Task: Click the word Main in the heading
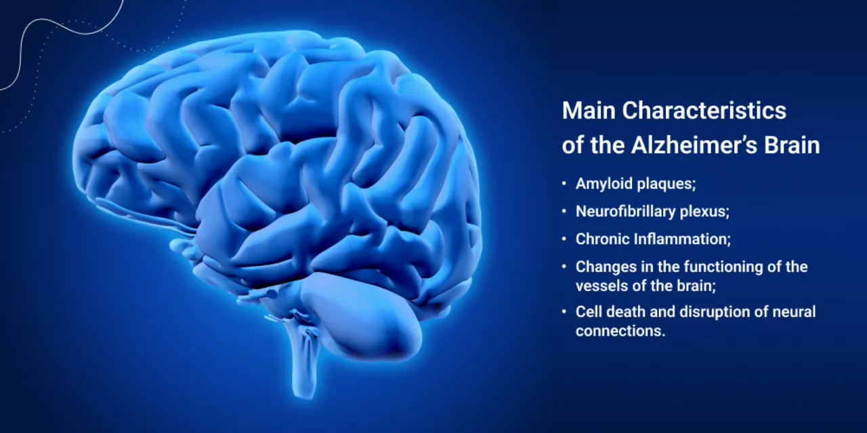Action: click(589, 110)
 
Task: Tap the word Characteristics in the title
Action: click(704, 110)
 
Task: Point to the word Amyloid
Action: click(604, 184)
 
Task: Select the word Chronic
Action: click(602, 240)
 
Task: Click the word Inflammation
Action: click(682, 240)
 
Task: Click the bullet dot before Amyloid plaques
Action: click(564, 183)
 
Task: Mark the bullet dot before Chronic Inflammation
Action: click(564, 239)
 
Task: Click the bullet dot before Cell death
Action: click(564, 311)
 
